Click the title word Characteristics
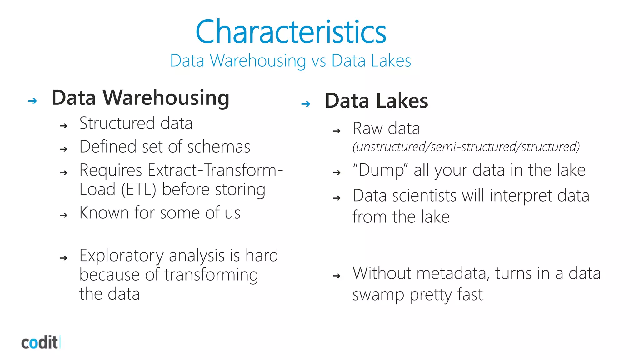(291, 32)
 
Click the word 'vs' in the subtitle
(319, 61)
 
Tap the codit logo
(40, 342)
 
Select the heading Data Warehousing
(140, 98)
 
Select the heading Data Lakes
(376, 101)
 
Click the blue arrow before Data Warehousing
(32, 101)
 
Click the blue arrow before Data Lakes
(306, 104)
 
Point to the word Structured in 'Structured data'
(117, 123)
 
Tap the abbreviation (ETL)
(138, 190)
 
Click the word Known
(104, 213)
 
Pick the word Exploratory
(121, 256)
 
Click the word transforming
(211, 275)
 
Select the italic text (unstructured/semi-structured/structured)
(466, 147)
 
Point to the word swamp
(378, 295)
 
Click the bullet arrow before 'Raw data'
(337, 131)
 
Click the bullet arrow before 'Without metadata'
(337, 276)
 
